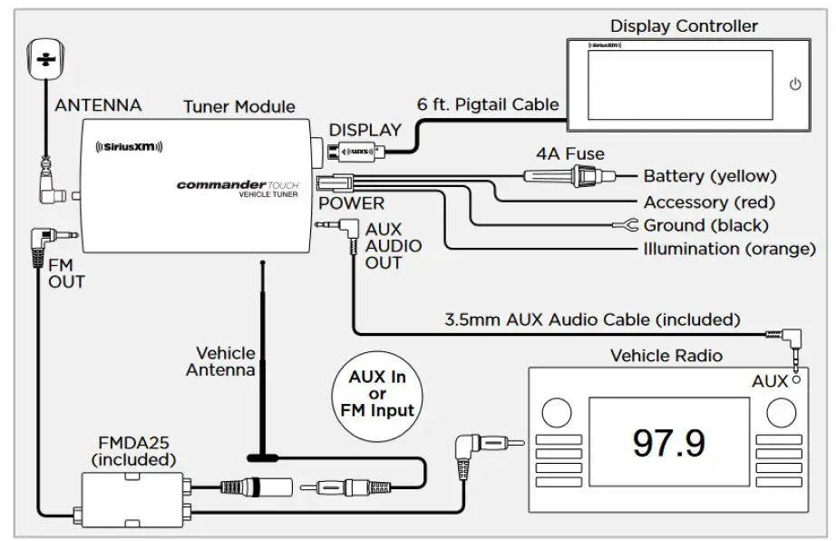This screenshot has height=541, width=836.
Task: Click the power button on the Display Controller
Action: tap(795, 84)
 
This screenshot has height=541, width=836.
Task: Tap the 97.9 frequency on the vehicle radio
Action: tap(669, 442)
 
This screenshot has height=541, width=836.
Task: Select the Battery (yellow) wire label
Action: tap(710, 176)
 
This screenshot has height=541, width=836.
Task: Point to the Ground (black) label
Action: tap(705, 225)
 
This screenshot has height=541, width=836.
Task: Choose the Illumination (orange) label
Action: tap(729, 249)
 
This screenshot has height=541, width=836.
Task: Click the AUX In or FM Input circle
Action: tap(377, 393)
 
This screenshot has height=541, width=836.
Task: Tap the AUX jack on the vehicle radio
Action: tap(795, 381)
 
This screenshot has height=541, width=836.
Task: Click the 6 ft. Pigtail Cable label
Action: tap(488, 103)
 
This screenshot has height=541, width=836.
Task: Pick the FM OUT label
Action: tap(65, 272)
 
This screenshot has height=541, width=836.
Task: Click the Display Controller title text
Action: tap(684, 25)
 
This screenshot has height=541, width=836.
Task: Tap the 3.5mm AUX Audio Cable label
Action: tap(592, 320)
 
